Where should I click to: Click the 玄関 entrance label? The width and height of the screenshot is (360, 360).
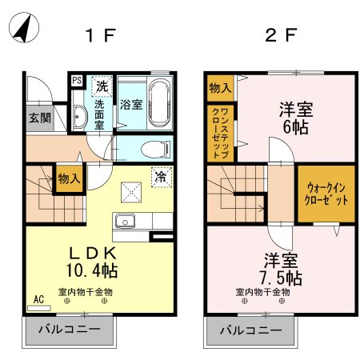coord(38,118)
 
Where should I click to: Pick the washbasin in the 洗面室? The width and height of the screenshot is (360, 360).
coord(79,118)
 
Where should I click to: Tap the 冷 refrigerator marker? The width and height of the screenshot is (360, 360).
coord(160,175)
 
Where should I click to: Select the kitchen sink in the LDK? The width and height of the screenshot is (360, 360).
coord(125,222)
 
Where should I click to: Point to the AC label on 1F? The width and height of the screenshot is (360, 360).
coord(38,300)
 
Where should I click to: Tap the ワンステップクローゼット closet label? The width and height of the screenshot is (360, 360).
coord(222,134)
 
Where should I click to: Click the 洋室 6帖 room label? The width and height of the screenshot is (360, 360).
coord(294,117)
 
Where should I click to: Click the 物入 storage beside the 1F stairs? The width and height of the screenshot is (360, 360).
coord(69,181)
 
